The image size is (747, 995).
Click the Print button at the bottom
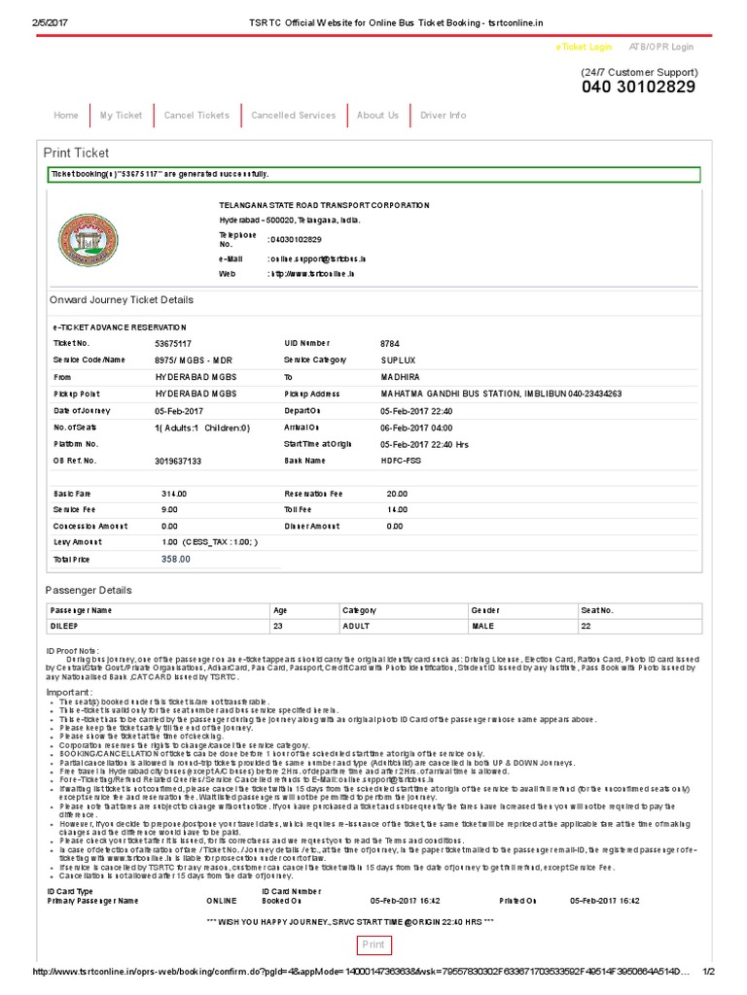tap(373, 944)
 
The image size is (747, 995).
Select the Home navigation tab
tap(66, 116)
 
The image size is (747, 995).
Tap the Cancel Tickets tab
tap(196, 116)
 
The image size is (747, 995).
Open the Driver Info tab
tap(443, 116)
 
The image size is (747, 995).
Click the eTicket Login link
tap(584, 47)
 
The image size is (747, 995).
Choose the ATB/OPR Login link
tap(661, 47)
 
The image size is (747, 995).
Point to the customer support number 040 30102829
tap(639, 87)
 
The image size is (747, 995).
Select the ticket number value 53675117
tap(173, 344)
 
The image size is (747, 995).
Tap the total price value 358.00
tap(176, 560)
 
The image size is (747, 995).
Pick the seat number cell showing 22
tap(586, 627)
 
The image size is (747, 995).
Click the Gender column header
tap(485, 610)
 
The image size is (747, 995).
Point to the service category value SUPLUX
tap(398, 360)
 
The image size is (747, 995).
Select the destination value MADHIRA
tap(400, 377)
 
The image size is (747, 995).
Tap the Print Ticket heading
tap(77, 154)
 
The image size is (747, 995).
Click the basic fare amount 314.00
tap(174, 494)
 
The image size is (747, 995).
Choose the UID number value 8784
tap(389, 344)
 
